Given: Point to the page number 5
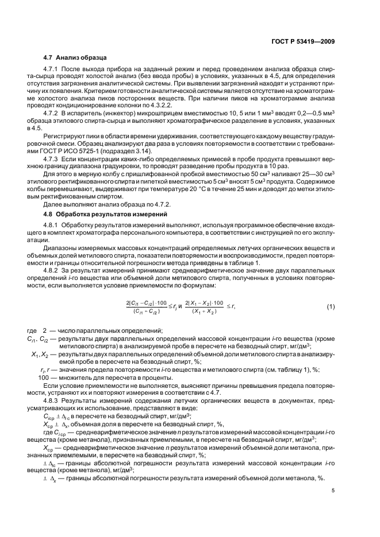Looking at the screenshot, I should (333, 491).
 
